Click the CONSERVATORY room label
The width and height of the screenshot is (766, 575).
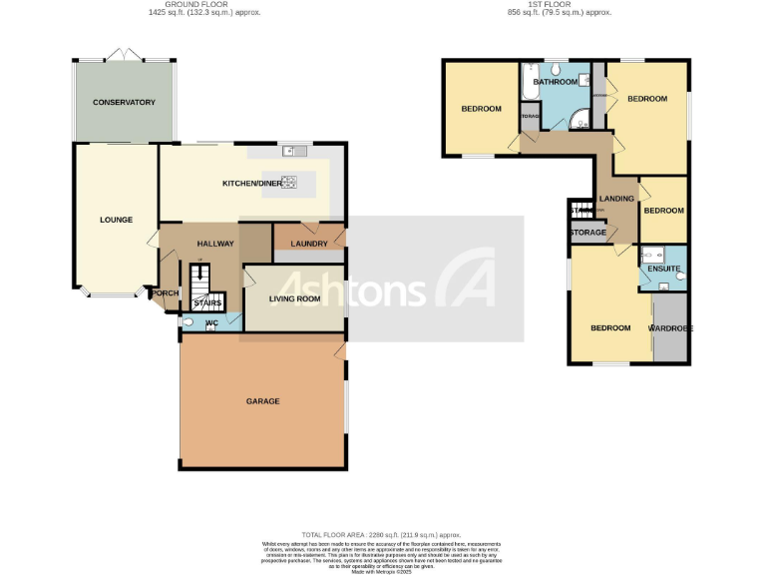click(x=124, y=103)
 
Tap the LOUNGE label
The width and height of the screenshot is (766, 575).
click(x=116, y=220)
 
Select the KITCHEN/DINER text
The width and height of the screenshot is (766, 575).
click(x=251, y=184)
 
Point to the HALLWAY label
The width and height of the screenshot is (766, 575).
click(x=214, y=244)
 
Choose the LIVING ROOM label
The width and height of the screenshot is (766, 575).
click(x=294, y=296)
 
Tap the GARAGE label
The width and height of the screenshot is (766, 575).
click(x=263, y=401)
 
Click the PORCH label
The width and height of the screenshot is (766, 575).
click(x=163, y=293)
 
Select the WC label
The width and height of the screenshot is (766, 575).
click(x=211, y=323)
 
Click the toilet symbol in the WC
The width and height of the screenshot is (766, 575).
click(x=188, y=322)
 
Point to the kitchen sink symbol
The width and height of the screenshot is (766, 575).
click(x=295, y=152)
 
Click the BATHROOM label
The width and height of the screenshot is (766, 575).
click(x=556, y=82)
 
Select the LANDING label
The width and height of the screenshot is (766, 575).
click(x=616, y=199)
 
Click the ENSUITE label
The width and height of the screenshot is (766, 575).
click(x=663, y=270)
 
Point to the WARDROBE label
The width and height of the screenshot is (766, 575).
click(x=670, y=328)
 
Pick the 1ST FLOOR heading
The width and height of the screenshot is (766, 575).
click(x=559, y=5)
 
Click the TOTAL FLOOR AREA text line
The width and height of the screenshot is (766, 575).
click(x=382, y=535)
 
